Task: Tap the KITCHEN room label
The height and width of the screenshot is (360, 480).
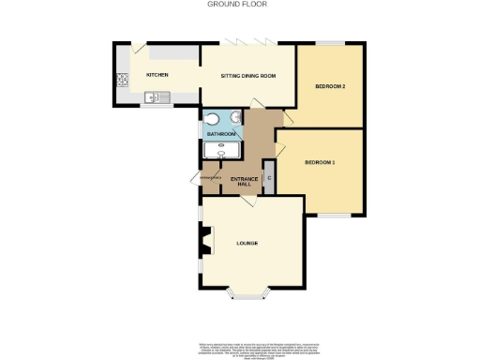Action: (x=157, y=74)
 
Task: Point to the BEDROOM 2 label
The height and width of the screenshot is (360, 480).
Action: (x=331, y=87)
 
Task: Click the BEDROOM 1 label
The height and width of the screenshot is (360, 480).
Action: (x=320, y=163)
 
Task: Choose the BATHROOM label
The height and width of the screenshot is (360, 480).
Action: (x=221, y=135)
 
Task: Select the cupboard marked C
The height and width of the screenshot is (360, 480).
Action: (x=268, y=178)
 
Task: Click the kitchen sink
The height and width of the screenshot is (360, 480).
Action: (x=154, y=97)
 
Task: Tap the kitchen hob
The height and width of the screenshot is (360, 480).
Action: (x=121, y=80)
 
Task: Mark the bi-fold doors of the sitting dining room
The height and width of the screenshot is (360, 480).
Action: (x=247, y=42)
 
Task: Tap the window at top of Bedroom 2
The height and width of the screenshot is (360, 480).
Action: (x=330, y=42)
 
